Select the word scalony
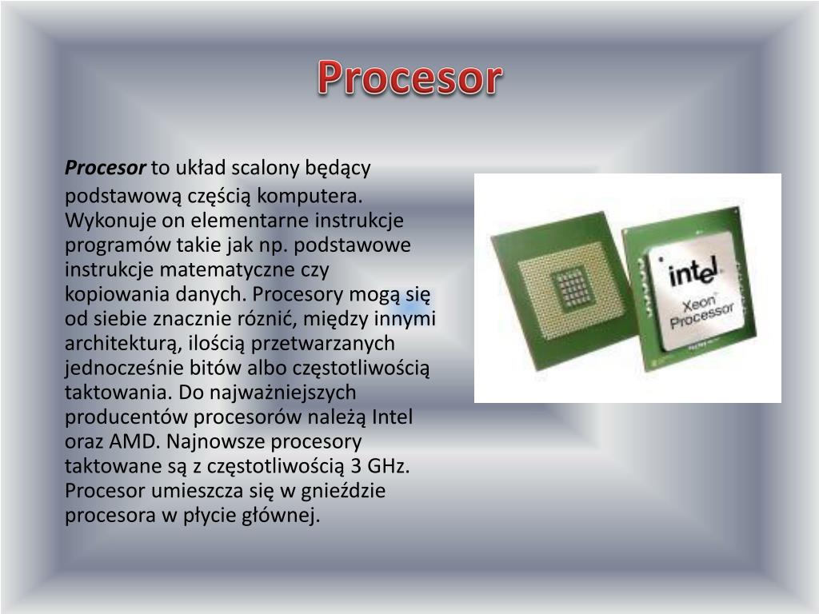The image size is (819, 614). [x=263, y=168]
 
